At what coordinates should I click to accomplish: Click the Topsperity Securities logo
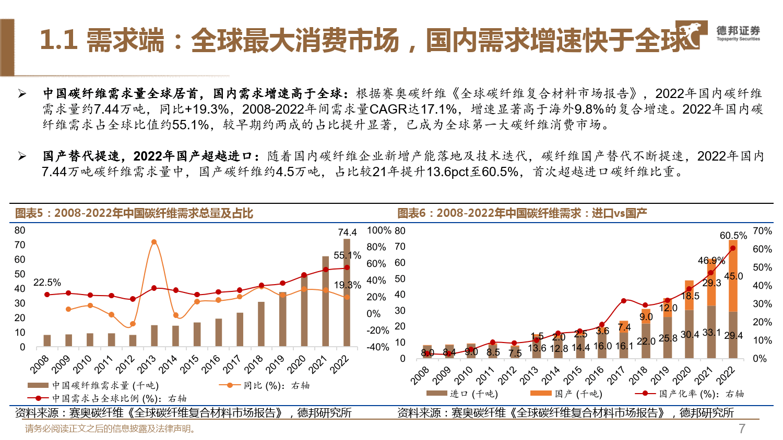pos(718,34)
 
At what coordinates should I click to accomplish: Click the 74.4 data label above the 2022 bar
pos(347,233)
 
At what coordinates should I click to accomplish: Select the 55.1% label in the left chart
pos(347,255)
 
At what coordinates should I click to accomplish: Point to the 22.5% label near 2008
pos(47,283)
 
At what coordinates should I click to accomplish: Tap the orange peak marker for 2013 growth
pos(153,242)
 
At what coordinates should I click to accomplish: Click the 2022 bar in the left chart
pos(347,292)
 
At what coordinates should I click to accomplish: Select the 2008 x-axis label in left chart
pos(40,364)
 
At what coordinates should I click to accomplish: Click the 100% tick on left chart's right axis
pos(379,230)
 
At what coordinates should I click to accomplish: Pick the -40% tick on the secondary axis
pos(378,347)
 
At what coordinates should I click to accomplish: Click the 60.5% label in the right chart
pos(733,236)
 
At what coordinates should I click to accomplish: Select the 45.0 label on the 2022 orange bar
pos(733,276)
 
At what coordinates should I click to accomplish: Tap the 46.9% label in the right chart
pos(711,260)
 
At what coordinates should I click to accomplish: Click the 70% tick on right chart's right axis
pos(762,231)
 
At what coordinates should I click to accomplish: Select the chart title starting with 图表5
pos(134,213)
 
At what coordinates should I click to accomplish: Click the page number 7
pos(742,429)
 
